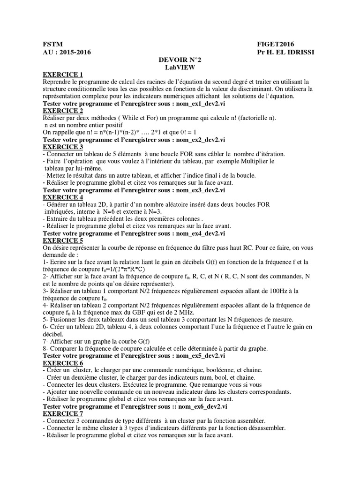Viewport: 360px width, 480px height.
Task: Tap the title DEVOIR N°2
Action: pos(180,60)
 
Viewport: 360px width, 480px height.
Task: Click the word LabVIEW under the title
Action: pos(180,67)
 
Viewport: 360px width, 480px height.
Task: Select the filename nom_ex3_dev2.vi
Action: pos(200,190)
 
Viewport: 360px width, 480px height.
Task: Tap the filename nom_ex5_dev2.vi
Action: pos(200,356)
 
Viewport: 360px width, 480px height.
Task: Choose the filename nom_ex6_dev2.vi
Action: pos(202,406)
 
